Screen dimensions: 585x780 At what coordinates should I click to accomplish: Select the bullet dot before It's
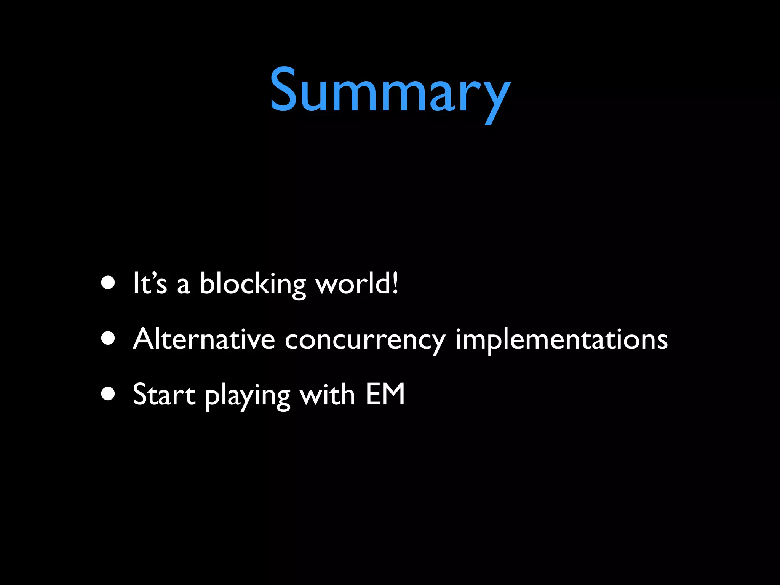click(x=109, y=283)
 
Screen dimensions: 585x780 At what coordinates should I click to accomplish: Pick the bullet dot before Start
click(x=109, y=394)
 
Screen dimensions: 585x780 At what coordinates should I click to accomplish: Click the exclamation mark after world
click(x=395, y=283)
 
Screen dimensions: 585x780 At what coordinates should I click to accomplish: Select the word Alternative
click(x=204, y=339)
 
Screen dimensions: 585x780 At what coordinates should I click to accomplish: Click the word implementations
click(x=561, y=339)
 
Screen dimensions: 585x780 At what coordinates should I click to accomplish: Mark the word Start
click(x=164, y=395)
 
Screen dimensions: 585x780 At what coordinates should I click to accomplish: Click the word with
click(x=327, y=394)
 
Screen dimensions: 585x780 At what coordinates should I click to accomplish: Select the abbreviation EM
click(x=385, y=394)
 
